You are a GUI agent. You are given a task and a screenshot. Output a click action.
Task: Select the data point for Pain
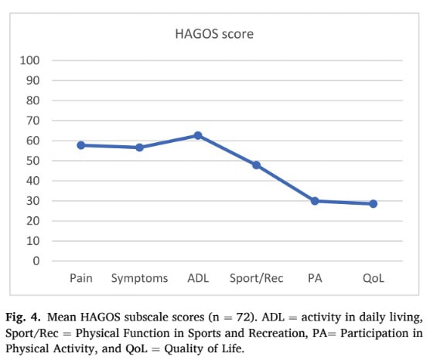point(81,144)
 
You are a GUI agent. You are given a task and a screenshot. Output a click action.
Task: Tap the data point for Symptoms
point(139,147)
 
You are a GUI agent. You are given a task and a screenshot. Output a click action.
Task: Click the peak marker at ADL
point(198,135)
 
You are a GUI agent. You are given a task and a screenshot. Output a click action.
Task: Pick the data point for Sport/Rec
point(256,165)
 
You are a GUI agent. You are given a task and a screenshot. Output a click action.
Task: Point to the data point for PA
point(315,201)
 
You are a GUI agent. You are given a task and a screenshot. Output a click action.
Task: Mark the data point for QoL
point(373,204)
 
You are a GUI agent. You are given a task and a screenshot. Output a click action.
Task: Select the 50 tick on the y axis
point(33,161)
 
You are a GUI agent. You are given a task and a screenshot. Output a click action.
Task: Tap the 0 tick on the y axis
point(36,261)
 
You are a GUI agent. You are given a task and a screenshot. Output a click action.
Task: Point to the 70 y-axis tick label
point(33,121)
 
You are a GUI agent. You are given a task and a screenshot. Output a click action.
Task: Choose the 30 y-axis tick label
point(33,201)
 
